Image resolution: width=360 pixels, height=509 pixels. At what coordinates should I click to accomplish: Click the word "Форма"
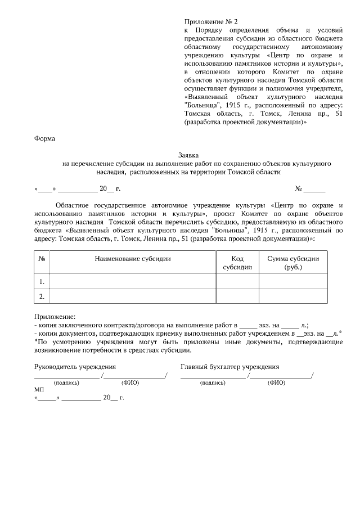click(44, 136)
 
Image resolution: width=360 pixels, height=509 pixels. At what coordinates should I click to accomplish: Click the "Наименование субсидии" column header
click(133, 259)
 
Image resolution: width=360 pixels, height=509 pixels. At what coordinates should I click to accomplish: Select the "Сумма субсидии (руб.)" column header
click(293, 263)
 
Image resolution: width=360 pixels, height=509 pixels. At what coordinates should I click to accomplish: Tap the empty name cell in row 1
click(133, 281)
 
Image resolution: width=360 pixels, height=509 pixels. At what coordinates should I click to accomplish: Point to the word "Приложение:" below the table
click(54, 317)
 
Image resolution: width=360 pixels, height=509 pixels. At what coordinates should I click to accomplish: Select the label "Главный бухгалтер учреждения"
click(229, 367)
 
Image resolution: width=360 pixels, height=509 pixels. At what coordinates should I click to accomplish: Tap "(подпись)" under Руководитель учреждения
click(66, 382)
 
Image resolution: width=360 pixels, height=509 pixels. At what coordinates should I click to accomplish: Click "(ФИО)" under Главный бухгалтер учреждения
click(276, 382)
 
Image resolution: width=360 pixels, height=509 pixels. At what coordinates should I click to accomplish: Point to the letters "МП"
click(39, 389)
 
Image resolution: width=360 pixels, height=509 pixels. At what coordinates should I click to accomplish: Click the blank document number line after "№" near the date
click(316, 188)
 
